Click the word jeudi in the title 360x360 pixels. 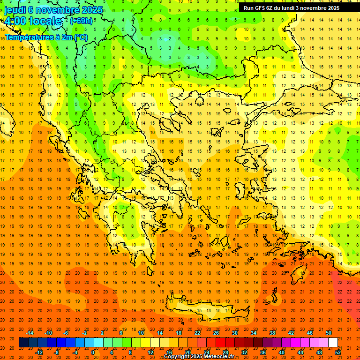click(15, 9)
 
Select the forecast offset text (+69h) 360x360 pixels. click(81, 21)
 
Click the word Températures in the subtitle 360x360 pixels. click(26, 37)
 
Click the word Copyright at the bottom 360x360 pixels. click(178, 357)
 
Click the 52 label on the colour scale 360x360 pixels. click(338, 352)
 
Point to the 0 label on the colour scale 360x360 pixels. click(93, 352)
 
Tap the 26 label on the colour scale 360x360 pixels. click(216, 333)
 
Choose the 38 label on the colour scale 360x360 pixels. click(272, 333)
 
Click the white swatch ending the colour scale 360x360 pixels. click(333, 342)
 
